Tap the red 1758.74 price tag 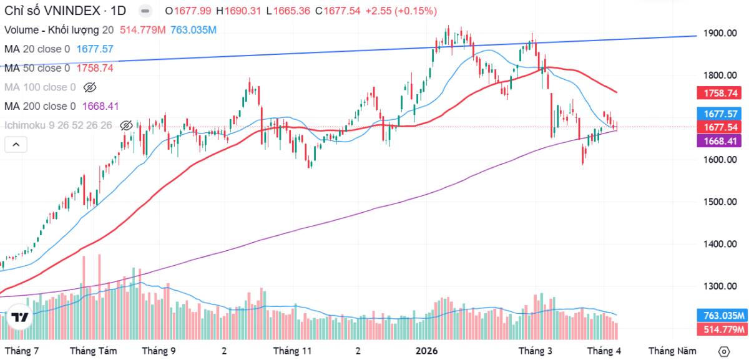tap(722, 93)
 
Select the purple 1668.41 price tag tap(722, 141)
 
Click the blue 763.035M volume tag tap(721, 316)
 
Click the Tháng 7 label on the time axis tap(22, 351)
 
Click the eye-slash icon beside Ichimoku tap(125, 125)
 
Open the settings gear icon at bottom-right tap(724, 351)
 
